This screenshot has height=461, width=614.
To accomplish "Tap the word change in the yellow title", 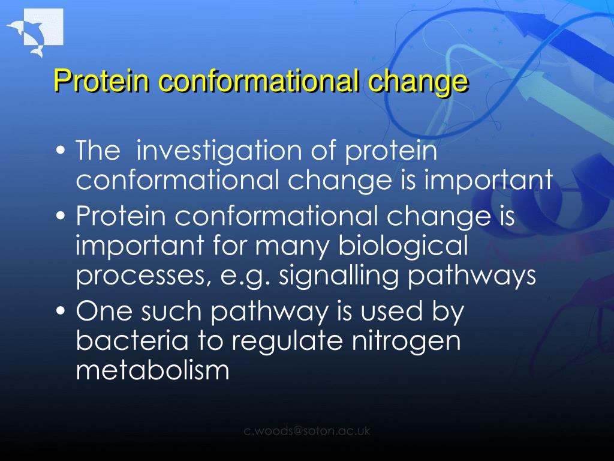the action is [x=417, y=82].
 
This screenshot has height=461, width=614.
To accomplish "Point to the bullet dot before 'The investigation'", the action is [x=61, y=151].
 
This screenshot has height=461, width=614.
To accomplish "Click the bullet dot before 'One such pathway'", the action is [x=61, y=311].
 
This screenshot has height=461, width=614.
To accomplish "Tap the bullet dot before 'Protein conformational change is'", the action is [x=61, y=215].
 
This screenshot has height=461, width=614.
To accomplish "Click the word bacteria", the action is [x=132, y=340].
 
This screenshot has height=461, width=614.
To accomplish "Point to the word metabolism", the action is [x=152, y=370].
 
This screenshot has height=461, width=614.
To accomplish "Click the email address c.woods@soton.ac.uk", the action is [x=307, y=431].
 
